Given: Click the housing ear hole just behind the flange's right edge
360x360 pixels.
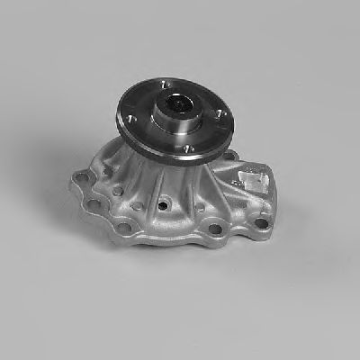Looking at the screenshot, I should [x=231, y=156].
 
